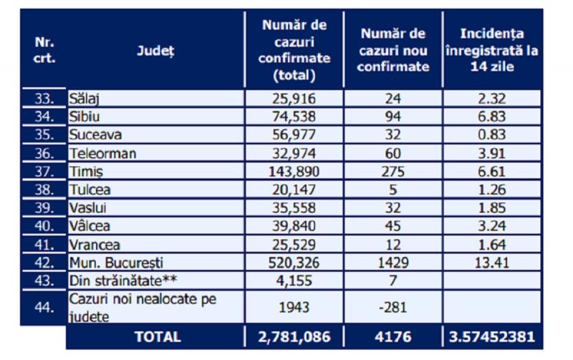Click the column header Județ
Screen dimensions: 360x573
pos(155,51)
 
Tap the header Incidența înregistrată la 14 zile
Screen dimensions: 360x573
pos(491,50)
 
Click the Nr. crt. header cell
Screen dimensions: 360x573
pos(44,50)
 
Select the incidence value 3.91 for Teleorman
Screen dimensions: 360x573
pos(491,153)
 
